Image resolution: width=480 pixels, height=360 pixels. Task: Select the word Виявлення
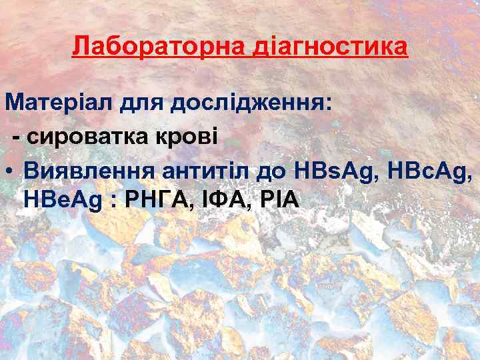(89, 170)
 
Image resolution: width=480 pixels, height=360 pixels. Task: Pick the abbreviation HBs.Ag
(334, 170)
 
